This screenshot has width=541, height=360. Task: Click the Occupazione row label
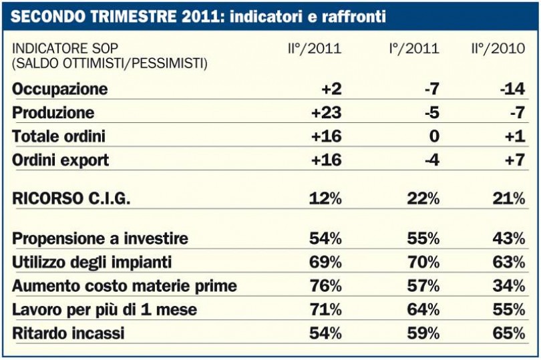60,89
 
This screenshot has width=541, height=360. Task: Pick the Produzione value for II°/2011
326,113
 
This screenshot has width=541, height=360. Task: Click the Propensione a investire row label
101,238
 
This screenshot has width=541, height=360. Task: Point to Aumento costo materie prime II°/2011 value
325,286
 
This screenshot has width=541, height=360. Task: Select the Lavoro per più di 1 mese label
105,309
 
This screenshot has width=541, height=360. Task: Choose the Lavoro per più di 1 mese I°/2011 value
423,309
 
